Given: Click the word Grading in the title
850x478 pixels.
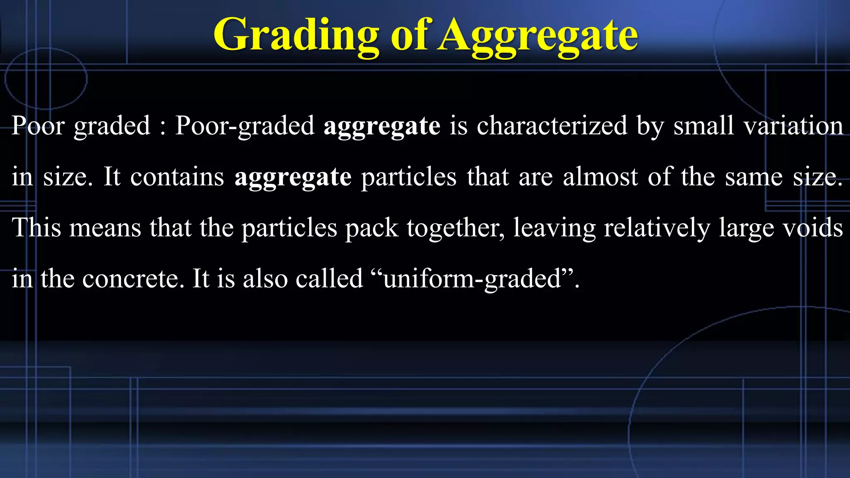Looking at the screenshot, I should coord(296,35).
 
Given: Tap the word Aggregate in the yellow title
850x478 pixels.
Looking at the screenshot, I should coord(538,35).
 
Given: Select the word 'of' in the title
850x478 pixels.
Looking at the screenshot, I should coord(409,35).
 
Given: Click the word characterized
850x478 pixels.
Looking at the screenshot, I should coord(552,125).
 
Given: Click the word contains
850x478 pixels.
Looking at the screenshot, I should coord(177,177).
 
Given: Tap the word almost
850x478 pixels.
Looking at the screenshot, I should coord(600,177).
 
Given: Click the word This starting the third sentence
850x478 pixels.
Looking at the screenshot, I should coord(37,227).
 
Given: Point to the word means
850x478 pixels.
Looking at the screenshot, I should coord(105,227).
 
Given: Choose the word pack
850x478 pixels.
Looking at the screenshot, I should coord(372,227).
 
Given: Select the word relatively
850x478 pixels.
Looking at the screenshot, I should coord(657,227).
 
